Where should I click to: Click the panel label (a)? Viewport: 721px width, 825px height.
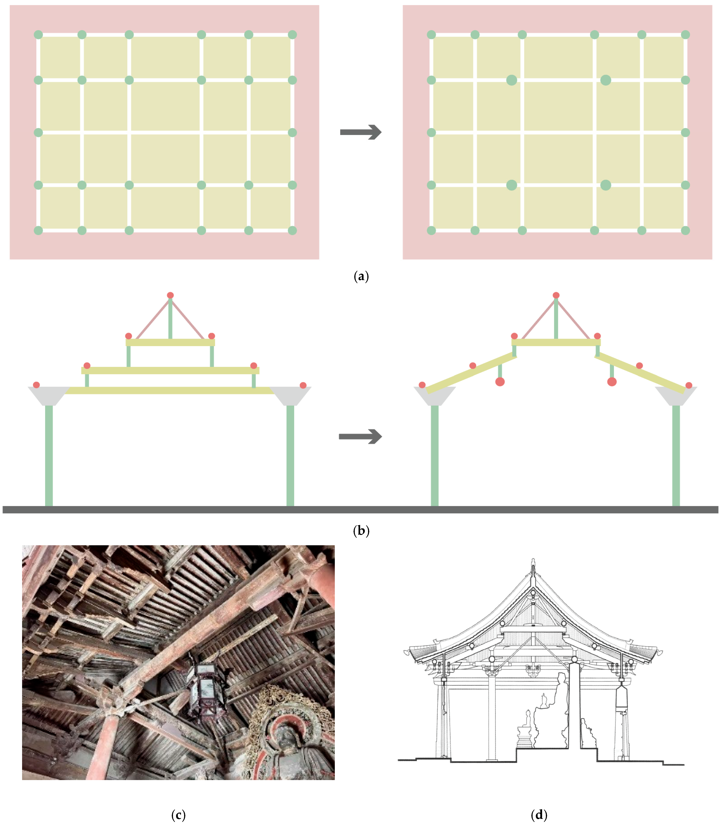361,276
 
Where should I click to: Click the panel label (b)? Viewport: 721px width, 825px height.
361,531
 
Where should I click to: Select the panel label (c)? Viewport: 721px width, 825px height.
178,815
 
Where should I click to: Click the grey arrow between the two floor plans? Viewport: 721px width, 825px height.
360,132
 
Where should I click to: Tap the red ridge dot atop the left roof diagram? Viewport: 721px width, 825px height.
170,295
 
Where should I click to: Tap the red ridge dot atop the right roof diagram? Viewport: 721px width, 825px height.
556,295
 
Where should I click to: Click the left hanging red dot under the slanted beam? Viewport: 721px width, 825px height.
500,382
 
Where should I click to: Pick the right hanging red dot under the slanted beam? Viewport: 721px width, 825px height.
612,382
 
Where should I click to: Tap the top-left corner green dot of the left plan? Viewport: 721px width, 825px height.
38,35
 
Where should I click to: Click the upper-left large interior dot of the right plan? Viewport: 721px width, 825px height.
512,80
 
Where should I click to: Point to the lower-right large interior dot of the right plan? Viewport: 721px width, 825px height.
606,185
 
